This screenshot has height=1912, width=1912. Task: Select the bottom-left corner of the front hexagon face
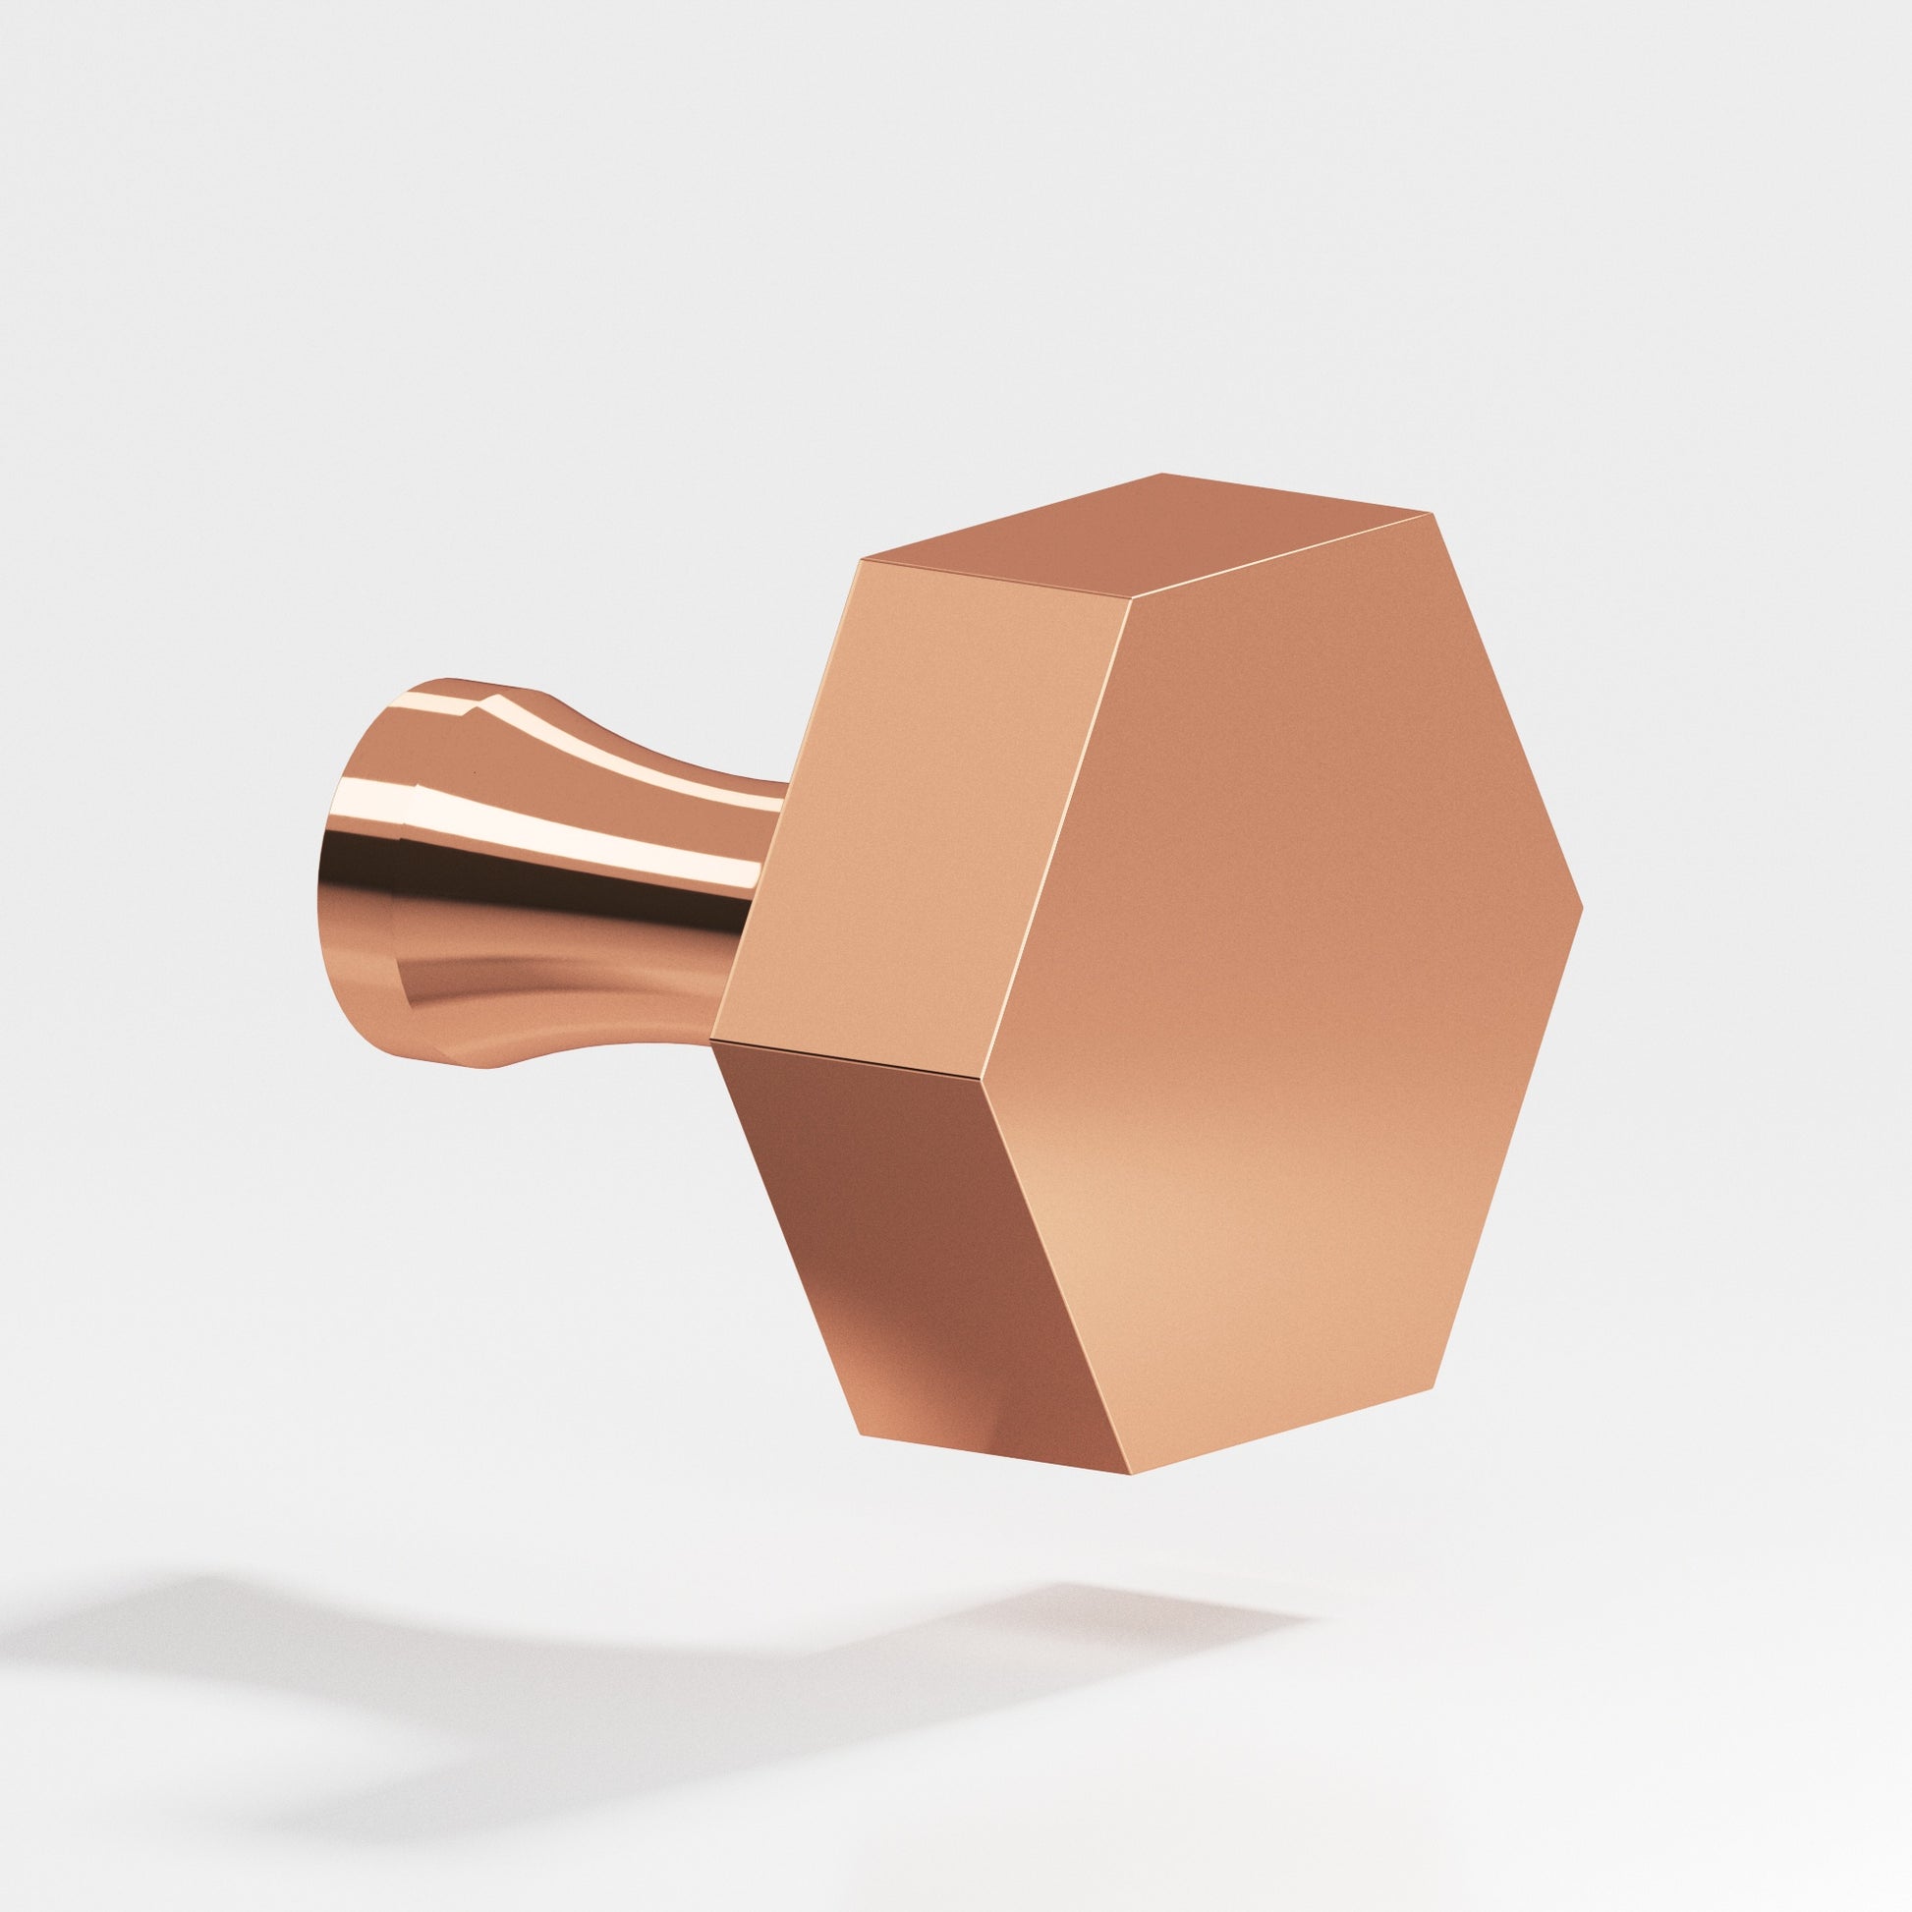click(1132, 1500)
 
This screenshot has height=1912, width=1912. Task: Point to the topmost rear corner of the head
click(1162, 474)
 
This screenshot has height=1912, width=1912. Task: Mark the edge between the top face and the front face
click(1282, 557)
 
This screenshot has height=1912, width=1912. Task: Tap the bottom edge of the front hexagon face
click(1282, 1444)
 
